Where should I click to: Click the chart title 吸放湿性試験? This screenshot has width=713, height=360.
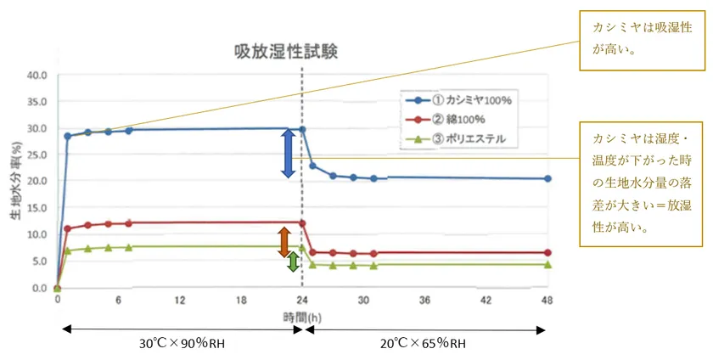[x=286, y=52]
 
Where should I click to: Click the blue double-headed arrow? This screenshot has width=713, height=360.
[x=288, y=153]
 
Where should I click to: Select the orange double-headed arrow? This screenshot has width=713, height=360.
[x=284, y=242]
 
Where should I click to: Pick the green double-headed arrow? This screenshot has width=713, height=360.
[x=293, y=262]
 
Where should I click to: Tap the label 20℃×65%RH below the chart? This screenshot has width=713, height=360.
[x=422, y=344]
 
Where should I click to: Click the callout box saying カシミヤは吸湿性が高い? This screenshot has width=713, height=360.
[x=642, y=38]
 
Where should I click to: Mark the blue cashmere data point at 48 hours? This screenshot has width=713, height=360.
[x=547, y=179]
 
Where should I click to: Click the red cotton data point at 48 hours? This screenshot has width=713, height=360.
[x=547, y=253]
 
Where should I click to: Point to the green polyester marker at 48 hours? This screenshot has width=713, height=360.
[x=547, y=265]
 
